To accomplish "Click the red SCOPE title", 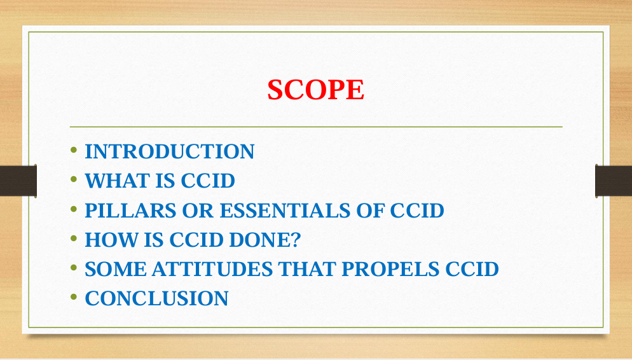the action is (x=315, y=90).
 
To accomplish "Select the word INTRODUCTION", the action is (x=170, y=151).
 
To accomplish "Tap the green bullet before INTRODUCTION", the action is (x=73, y=150).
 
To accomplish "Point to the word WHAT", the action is (x=109, y=181).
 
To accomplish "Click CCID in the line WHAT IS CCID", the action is (x=207, y=181).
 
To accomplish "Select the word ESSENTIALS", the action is (x=285, y=211).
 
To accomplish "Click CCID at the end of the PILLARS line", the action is (x=416, y=211).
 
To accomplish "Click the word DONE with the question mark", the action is (x=264, y=240).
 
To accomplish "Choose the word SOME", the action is (x=116, y=269).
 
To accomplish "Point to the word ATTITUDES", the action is (x=212, y=269).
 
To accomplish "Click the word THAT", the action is (x=307, y=269).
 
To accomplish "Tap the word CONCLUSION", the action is (x=156, y=299).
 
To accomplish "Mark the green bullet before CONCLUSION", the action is (x=73, y=297).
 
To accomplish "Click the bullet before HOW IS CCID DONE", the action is (x=73, y=239).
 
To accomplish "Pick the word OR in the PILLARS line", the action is (x=198, y=211).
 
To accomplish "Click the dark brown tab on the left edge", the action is (x=18, y=181).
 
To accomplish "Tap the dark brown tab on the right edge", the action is (x=614, y=181).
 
